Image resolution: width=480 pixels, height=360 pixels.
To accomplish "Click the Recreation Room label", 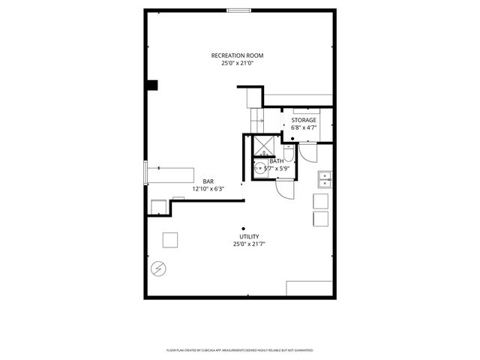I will (237, 55).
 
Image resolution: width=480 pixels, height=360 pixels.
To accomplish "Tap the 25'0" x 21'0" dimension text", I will (237, 64).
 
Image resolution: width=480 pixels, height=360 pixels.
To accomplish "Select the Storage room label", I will (304, 120).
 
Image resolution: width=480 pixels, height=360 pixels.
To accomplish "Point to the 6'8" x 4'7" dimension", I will (304, 127).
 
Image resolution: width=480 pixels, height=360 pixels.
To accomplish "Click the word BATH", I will (277, 161).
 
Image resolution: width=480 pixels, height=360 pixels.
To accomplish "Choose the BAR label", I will (208, 181).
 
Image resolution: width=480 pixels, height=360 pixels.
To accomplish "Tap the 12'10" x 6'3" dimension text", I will (208, 189).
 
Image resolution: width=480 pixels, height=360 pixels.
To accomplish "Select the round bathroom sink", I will (259, 169).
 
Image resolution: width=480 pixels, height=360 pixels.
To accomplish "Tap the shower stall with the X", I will (263, 144).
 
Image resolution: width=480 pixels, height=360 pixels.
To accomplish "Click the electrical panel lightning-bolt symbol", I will (158, 269).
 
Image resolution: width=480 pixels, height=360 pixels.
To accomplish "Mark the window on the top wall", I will (239, 10).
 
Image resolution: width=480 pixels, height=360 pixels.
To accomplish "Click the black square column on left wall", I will (153, 85).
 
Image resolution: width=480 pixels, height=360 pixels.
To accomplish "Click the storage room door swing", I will (307, 153).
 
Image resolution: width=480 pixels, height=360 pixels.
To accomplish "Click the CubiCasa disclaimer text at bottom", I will (239, 350).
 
